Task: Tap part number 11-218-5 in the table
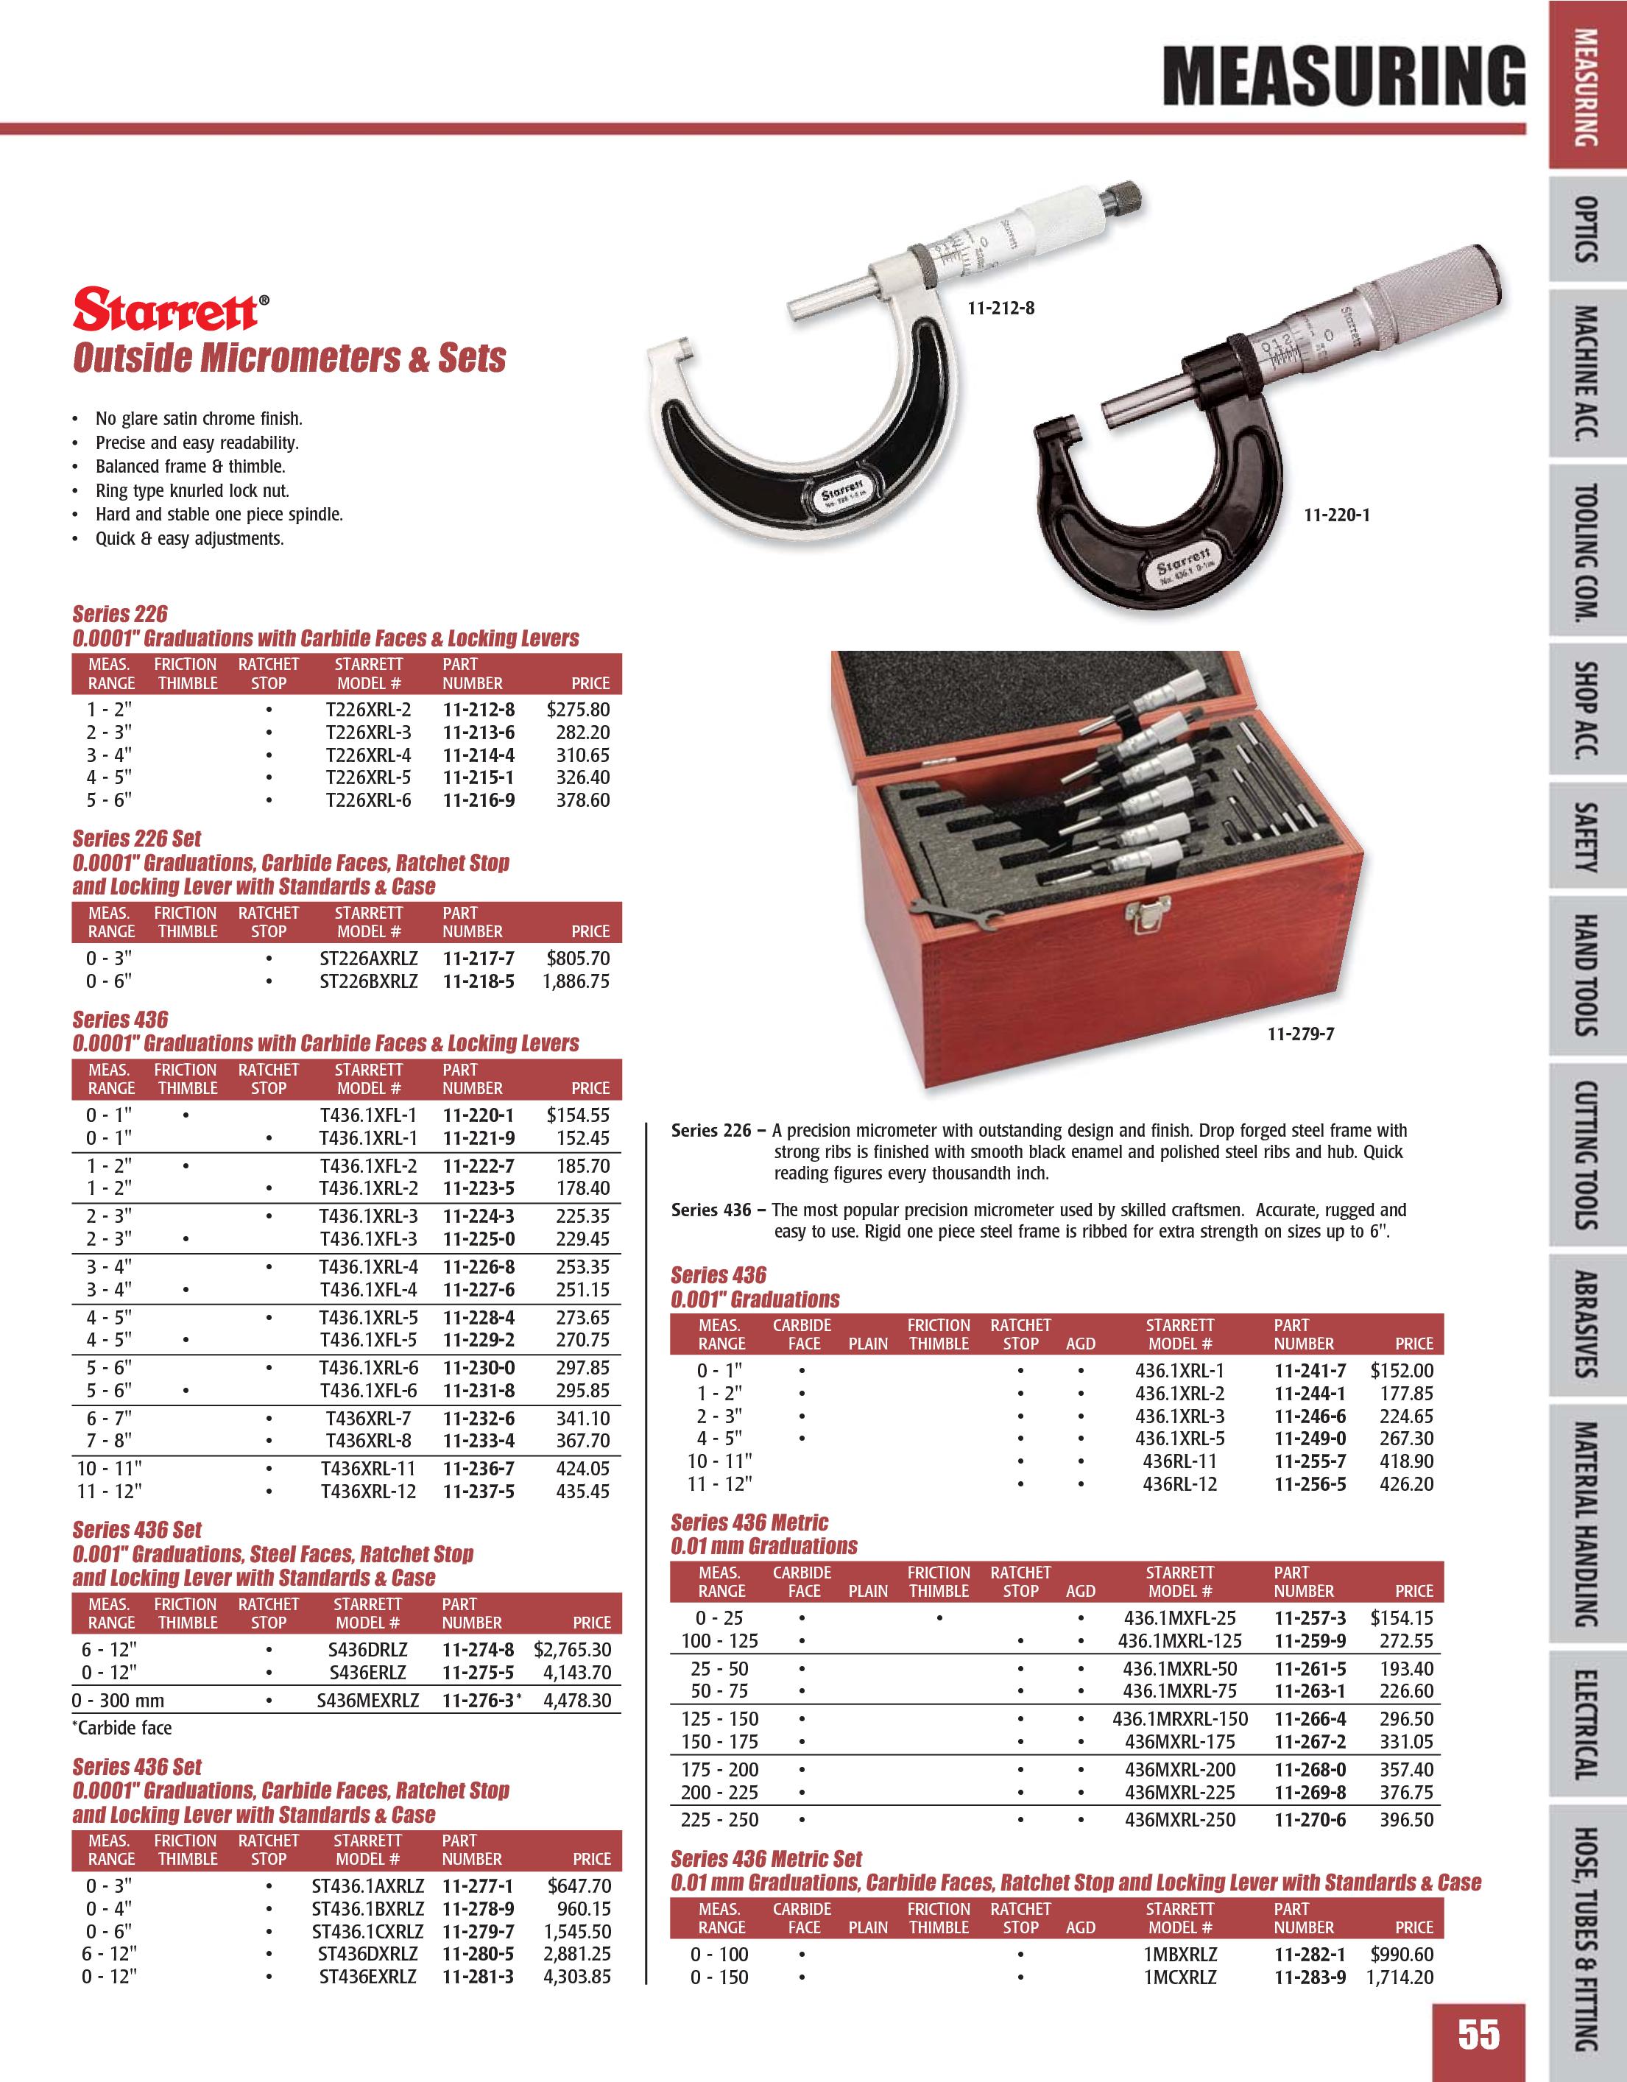click(478, 981)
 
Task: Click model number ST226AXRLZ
click(368, 958)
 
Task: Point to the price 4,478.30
click(576, 1700)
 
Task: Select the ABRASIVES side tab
click(1586, 1324)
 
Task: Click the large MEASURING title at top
click(1344, 77)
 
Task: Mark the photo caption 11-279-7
click(1300, 1034)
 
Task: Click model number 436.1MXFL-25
click(1180, 1617)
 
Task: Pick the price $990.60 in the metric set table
click(1401, 1953)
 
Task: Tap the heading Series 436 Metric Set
click(766, 1858)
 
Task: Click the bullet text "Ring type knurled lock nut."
click(191, 491)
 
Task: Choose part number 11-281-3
click(478, 1976)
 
